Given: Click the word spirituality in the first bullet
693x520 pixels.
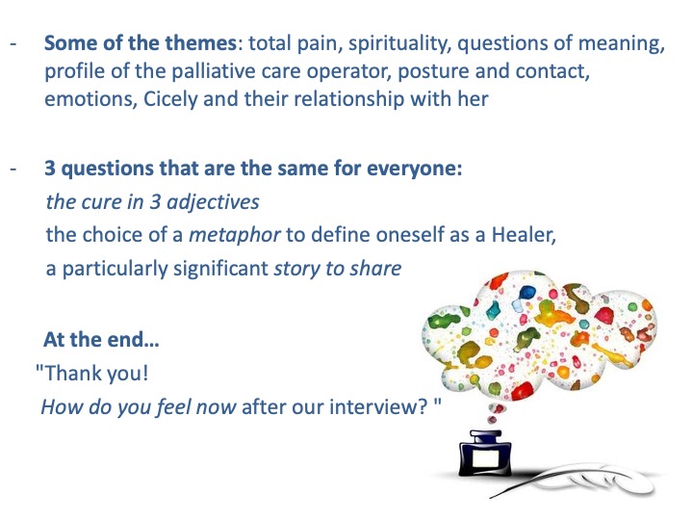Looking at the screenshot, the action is pos(400,43).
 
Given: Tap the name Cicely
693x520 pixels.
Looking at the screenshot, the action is pos(170,99).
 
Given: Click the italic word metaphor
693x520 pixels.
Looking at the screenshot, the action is pos(234,235).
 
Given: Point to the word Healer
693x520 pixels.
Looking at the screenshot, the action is pos(524,235).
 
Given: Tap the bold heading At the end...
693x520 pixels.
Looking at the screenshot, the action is pos(101,340).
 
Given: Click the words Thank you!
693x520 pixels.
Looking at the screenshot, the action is pos(91,374).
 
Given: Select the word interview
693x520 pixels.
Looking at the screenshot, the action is pos(373,406).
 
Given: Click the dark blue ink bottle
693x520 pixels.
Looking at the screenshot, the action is pos(485,454).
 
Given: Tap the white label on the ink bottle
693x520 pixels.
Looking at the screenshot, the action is pos(486,458).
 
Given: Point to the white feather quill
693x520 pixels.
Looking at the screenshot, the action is pos(575,480).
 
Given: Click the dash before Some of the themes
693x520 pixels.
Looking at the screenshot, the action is pos(13,43).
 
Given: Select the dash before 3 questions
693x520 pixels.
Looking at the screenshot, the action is pos(13,169).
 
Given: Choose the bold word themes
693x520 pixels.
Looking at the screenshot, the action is pos(200,43).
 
